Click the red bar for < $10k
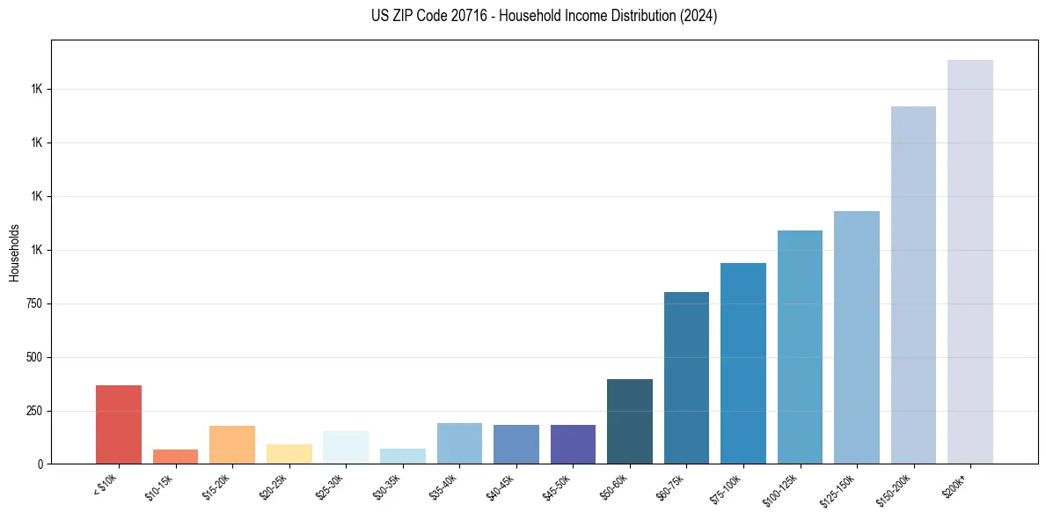[x=119, y=424]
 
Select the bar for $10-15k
[x=175, y=457]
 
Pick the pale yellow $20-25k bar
[x=289, y=454]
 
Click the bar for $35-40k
[x=459, y=443]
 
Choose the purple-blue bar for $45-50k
[x=573, y=444]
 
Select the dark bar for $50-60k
[x=630, y=421]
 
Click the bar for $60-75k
[x=686, y=377]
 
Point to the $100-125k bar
[x=800, y=347]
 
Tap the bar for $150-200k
[x=913, y=285]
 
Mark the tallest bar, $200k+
[x=970, y=261]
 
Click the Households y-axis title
[x=14, y=252]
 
